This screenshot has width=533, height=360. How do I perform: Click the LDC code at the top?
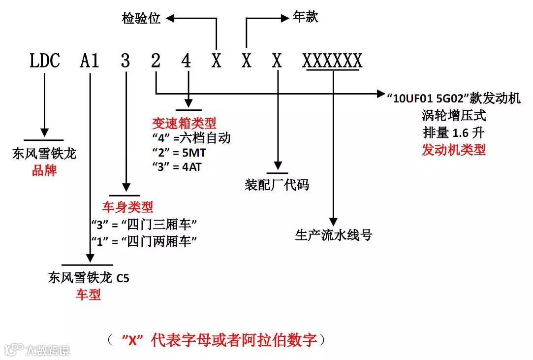44,61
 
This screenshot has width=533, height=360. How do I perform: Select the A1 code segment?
90,61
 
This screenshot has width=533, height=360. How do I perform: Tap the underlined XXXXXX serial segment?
333,61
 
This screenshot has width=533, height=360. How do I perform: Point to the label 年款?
306,17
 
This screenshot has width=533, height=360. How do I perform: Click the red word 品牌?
44,170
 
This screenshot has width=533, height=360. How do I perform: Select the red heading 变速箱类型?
184,123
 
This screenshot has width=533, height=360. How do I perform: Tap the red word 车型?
88,295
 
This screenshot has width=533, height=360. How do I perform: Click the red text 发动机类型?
453,150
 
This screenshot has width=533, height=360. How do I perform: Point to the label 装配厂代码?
277,185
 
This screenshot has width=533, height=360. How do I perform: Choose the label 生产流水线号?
333,235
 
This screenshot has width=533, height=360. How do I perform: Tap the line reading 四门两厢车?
144,241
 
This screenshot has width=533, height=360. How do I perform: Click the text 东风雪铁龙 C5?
89,278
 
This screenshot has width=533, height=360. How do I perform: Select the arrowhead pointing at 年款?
284,18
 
